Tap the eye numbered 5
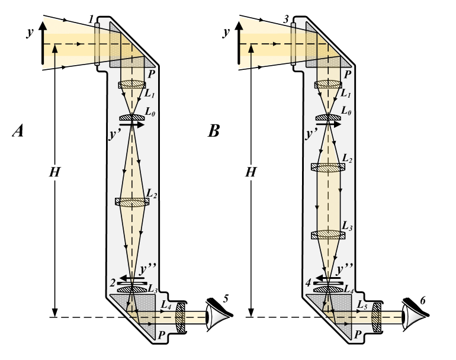217,317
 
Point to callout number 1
92,20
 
